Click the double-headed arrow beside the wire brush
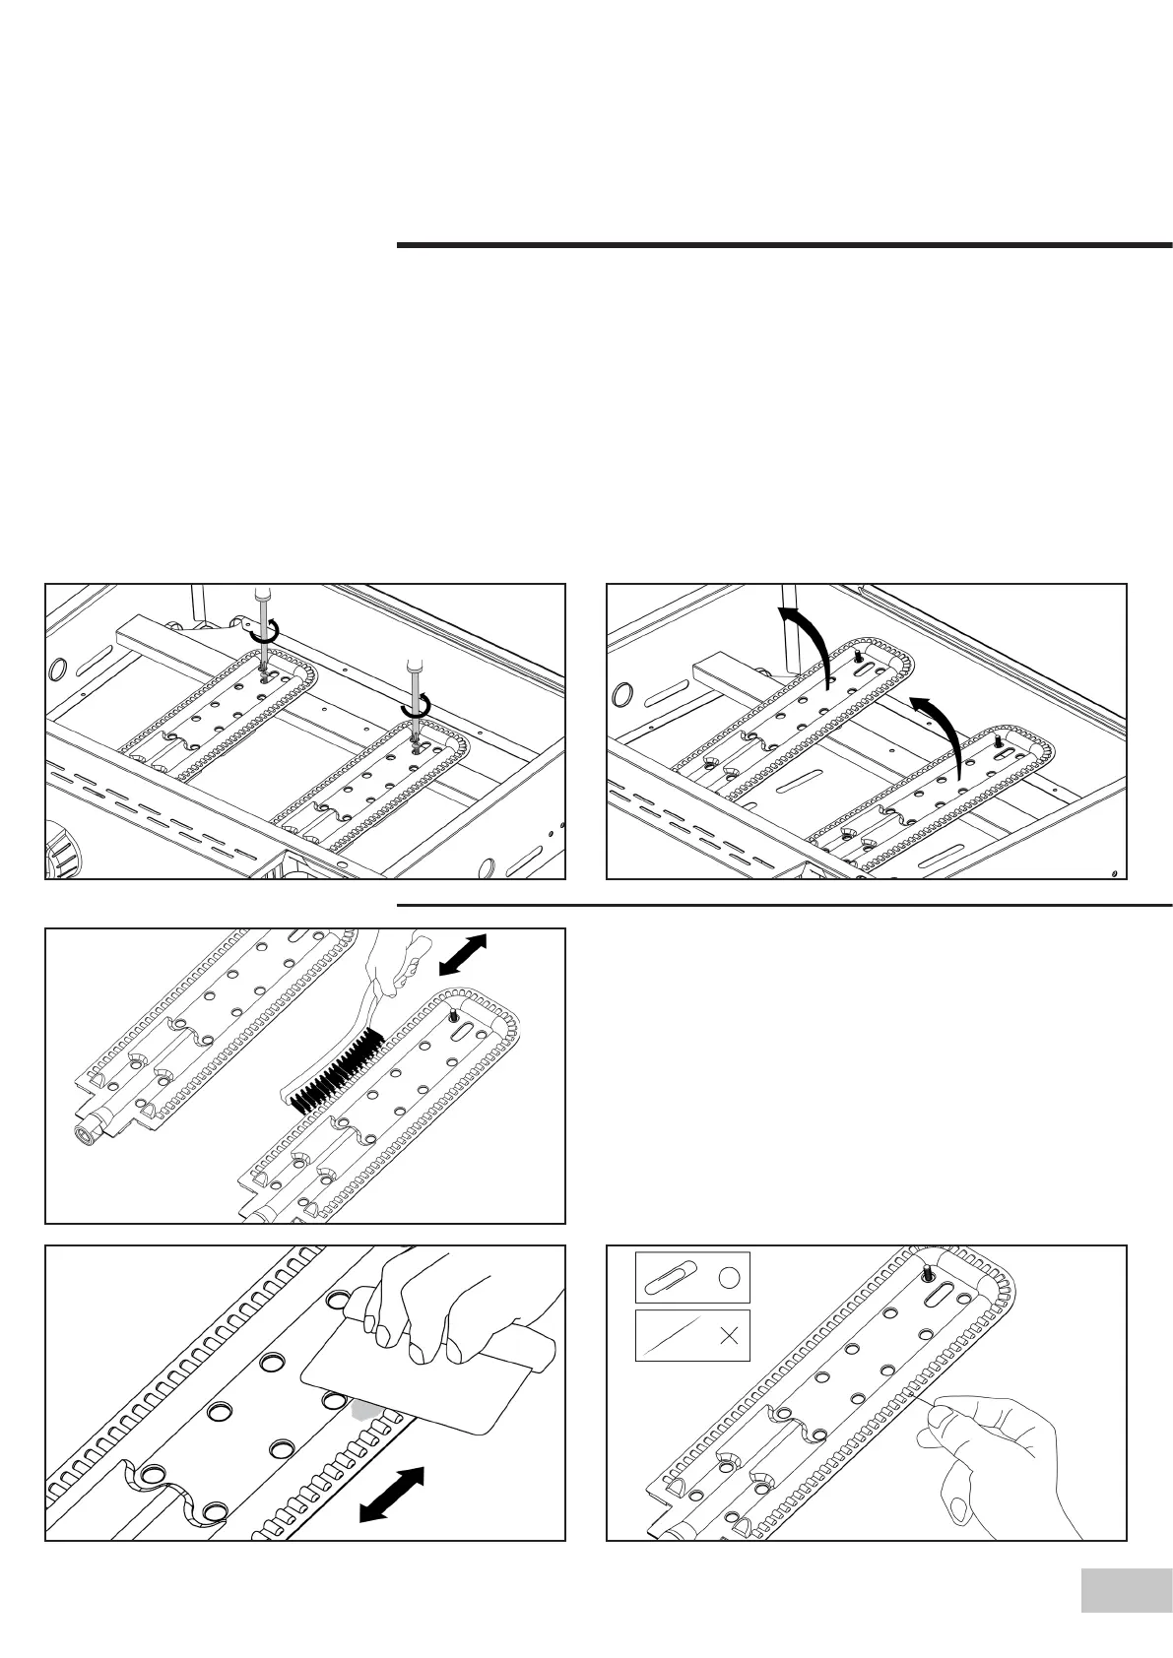(x=462, y=955)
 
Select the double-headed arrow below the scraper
(x=391, y=1494)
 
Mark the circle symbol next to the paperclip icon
(x=729, y=1278)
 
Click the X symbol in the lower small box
(x=730, y=1336)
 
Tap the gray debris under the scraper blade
(x=366, y=1409)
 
